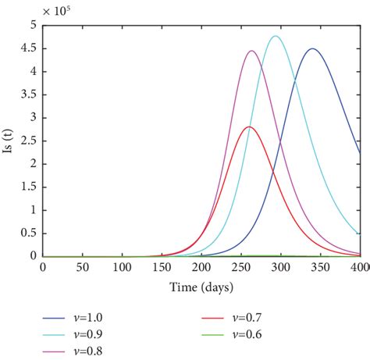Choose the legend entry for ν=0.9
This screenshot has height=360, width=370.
click(x=87, y=334)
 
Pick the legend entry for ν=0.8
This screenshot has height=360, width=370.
click(x=87, y=351)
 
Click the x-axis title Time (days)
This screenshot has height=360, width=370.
click(x=201, y=287)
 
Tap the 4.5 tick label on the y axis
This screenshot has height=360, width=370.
click(x=29, y=48)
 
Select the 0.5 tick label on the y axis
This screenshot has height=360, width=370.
click(x=29, y=233)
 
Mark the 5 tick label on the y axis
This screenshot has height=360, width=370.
click(x=34, y=25)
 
